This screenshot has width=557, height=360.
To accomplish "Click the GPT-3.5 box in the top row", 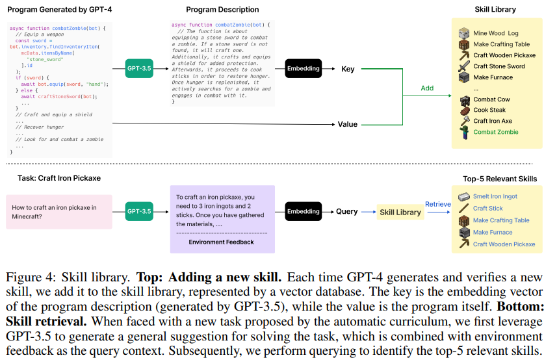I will pos(139,68).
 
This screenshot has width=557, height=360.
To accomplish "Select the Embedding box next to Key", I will pos(303,68).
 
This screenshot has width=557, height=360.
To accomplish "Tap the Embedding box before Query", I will pos(303,211).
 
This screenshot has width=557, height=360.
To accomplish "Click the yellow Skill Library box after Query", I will pos(400,212).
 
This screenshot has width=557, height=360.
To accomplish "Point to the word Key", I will pos(348,68).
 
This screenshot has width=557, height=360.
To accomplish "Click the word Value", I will pos(348,124).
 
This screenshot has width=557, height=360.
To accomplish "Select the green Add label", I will pos(427,88).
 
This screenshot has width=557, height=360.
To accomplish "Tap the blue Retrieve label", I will pos(437,204).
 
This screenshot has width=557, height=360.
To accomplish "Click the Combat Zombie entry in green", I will pos(495,132).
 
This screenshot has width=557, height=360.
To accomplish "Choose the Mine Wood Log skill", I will pos(495,33).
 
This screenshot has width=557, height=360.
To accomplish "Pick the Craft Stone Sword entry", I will pos(499,66).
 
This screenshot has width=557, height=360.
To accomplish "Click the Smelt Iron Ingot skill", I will pos(495,196).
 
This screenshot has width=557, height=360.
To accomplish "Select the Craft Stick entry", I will pos(487,209).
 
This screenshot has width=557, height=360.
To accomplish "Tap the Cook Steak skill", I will pos(489,110).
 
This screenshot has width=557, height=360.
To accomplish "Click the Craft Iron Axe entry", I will pos(493,121).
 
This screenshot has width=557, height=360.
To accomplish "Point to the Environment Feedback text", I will pos(221,242).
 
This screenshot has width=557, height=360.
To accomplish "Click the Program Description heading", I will pos(222,10).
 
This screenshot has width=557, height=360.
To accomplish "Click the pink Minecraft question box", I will pos(57,212).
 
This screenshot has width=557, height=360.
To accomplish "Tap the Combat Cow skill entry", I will pos(491,99).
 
